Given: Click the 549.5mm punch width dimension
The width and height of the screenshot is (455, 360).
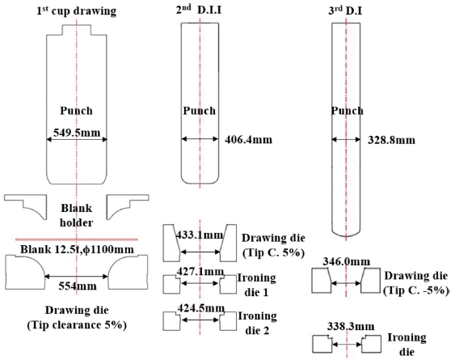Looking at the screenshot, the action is pos(77,133).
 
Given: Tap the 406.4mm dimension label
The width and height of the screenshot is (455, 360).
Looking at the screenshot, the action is pos(249,140).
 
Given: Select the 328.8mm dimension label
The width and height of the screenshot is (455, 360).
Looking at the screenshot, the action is pos(391,140).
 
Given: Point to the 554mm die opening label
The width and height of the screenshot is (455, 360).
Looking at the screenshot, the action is pos(78,286).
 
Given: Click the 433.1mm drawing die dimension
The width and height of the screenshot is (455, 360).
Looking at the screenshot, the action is pos(200,235).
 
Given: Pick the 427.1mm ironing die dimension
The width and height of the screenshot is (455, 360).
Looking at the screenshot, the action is pos(200,272).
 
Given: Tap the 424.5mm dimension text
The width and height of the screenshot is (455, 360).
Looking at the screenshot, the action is pos(201,308).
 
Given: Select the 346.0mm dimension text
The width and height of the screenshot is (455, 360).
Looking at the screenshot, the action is pos(347,262).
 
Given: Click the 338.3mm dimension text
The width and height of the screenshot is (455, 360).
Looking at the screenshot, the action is pos(351,326).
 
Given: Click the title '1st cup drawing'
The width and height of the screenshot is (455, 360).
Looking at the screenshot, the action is pos(77,11).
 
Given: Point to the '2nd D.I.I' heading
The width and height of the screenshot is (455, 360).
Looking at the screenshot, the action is pos(199,10).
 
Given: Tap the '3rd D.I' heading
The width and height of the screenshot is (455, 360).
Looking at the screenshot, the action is pos(345,11).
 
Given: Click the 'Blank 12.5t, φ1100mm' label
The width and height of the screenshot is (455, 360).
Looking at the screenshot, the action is pos(78,250).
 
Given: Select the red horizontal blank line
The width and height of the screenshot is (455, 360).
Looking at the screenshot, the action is pos(77,239).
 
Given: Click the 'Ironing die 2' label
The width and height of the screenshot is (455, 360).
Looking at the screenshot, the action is pos(257,323).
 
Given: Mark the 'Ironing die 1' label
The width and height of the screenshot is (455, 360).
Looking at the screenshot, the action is pos(256,285).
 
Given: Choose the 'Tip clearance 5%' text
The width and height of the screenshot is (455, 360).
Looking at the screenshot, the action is pos(77,325).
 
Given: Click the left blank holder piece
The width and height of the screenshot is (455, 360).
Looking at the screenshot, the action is pos(26,206).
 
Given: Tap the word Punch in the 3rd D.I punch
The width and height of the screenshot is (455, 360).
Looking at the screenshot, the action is pos(347,111).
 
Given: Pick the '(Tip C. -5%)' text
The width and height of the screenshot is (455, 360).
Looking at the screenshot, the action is pos(416,290).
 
